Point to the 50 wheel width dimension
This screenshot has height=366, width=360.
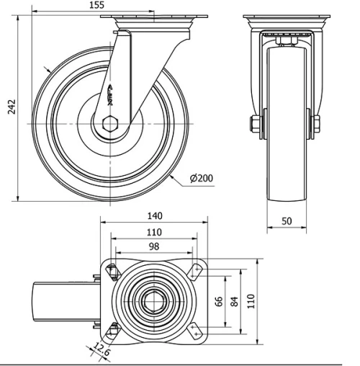[x=286, y=221]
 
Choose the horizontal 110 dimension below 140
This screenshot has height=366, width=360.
[x=153, y=231]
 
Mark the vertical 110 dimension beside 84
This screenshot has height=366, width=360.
[x=251, y=300]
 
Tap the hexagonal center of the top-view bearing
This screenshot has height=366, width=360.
[x=153, y=300]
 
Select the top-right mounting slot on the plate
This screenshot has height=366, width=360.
[x=195, y=272]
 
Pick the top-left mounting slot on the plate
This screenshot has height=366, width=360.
[x=110, y=272]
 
